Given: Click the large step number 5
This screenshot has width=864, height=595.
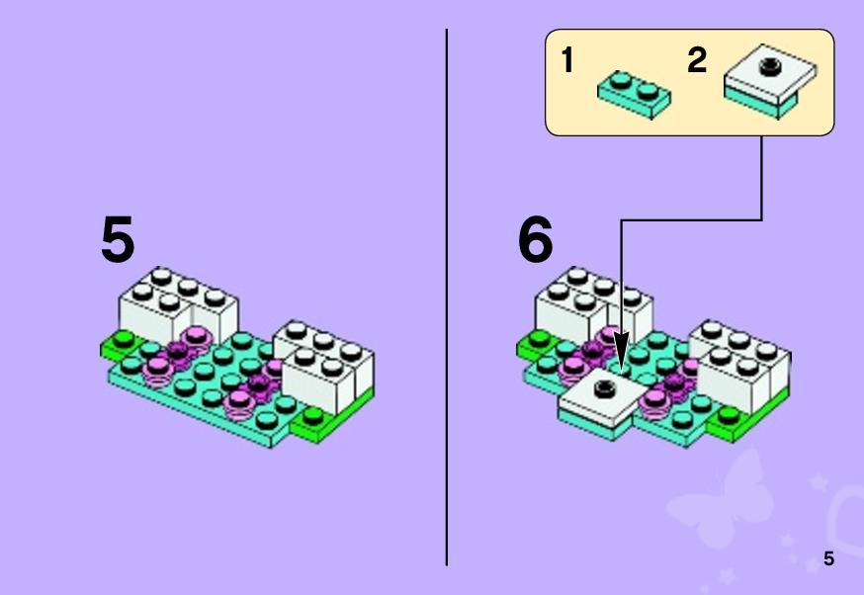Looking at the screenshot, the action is point(118,239).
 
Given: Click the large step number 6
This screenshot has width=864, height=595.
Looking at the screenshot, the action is point(535,239).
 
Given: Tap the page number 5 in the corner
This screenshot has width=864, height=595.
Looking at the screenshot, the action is point(828,558).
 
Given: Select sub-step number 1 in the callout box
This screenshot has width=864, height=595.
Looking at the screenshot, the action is point(567,59).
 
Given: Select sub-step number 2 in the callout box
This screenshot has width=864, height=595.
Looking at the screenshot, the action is point(697,59).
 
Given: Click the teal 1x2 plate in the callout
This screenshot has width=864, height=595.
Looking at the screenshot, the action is point(635,95).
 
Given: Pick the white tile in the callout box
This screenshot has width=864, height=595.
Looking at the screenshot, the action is point(770,73).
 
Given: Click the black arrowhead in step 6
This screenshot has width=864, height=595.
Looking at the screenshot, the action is point(622,352).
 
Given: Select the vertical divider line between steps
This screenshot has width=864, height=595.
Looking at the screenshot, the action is point(446,297).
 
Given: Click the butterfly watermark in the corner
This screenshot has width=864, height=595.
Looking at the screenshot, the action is point(722,501).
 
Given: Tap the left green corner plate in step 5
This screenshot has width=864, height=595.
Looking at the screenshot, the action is point(119,345).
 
